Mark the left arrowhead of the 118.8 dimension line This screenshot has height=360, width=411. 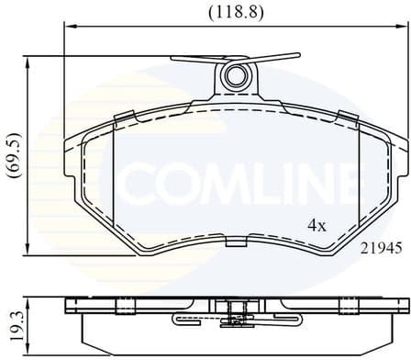(67, 28)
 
